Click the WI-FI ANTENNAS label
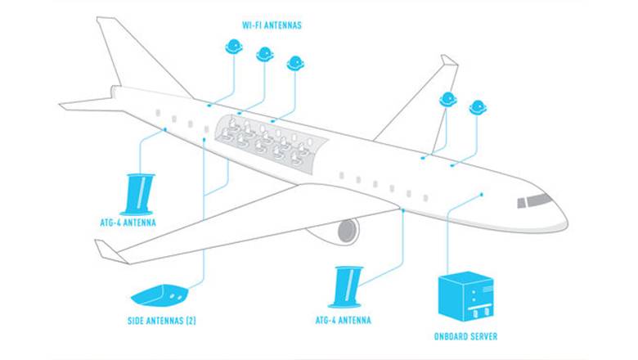pos(272,25)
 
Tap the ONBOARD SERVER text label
pos(465,336)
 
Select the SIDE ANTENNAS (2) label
pos(161,321)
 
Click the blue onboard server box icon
pos(465,296)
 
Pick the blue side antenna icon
pos(159,295)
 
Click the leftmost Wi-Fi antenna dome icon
pos(234,47)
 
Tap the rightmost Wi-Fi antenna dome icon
pos(478,108)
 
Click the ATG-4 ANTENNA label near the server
pos(343,320)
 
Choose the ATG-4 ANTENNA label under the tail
pos(128,223)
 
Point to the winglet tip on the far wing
pos(449,61)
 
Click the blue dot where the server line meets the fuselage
pos(482,195)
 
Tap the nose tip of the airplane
pos(567,223)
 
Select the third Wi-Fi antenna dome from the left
pos(295,64)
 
